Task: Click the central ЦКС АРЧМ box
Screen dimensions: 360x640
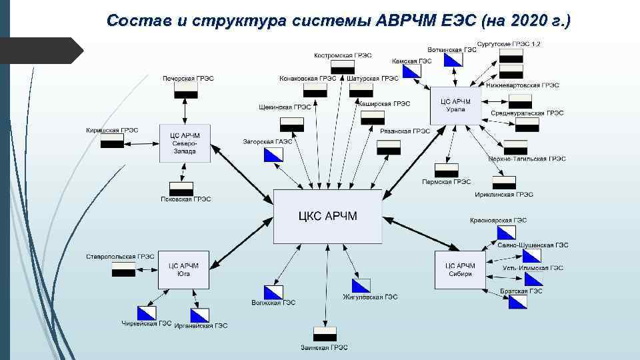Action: [x=328, y=216]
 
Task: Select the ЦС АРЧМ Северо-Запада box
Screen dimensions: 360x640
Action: [x=185, y=143]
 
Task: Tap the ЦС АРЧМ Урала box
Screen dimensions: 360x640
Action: [x=455, y=105]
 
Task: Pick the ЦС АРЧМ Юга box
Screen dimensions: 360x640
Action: [x=183, y=269]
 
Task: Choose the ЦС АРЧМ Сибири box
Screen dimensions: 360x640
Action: [x=459, y=269]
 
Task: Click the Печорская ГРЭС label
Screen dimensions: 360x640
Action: [x=188, y=78]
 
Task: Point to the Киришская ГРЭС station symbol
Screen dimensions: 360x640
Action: [x=112, y=141]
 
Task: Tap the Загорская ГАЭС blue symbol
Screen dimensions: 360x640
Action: [x=273, y=155]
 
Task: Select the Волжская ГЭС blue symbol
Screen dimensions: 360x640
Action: [x=273, y=292]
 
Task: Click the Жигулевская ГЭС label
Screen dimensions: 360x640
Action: [x=370, y=297]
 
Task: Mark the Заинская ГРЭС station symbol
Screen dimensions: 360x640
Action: [x=325, y=333]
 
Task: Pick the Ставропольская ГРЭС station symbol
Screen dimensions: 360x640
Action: [x=123, y=269]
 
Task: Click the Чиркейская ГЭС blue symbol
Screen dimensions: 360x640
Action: [x=147, y=313]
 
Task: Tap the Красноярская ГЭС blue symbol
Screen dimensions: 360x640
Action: [x=506, y=232]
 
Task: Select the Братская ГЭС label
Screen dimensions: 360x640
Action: [x=521, y=291]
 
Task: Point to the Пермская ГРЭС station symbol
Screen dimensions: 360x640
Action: [x=447, y=170]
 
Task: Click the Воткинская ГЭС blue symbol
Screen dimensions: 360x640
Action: [x=453, y=60]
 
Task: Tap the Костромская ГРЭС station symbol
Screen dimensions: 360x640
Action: [x=343, y=67]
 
